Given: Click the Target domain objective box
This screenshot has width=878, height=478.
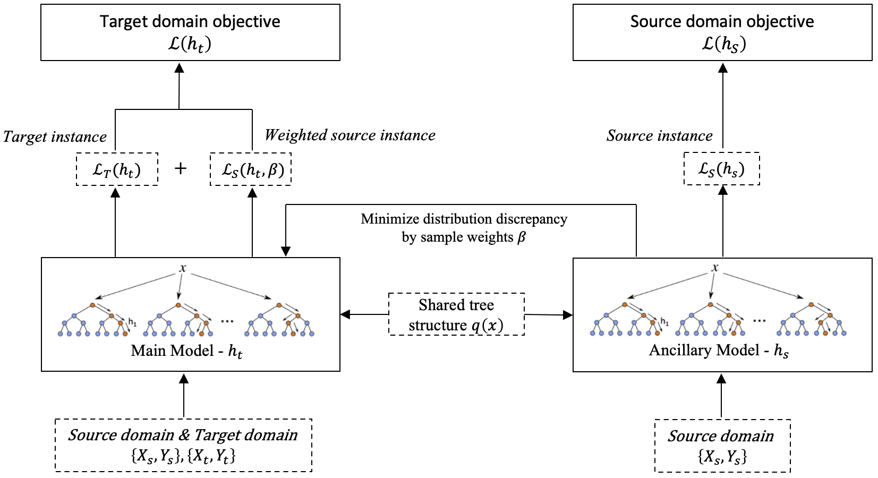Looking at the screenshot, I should pos(190,32).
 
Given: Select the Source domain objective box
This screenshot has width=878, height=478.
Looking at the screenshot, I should pos(722,32).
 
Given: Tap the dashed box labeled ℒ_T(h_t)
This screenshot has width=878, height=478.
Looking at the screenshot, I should pos(117,169).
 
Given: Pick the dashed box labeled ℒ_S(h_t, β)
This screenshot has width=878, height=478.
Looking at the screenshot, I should pos(251,169).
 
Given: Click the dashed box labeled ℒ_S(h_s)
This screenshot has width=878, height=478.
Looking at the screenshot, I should pos(721,169).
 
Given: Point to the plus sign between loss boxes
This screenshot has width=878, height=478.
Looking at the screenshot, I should pos(181,168).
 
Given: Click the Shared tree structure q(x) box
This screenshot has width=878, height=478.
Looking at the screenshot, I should pos(456,314).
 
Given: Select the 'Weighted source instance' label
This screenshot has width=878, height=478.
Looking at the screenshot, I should pos(350,135).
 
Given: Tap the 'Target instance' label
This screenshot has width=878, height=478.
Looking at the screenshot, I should pos(55,137).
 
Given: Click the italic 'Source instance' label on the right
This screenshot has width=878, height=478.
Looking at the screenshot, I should pos(659,136).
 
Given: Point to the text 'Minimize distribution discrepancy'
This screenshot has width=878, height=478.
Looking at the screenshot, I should pos(464,219).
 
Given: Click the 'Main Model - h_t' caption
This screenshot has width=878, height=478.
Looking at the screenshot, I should pos(186,351).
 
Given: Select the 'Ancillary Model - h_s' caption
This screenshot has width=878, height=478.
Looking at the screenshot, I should pos(719,351).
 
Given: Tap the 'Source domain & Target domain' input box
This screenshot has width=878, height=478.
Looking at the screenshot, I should pos(183,445).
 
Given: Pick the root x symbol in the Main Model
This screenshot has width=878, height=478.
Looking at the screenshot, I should pos(183,268).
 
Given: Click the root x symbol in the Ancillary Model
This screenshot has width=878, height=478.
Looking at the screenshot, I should pos(715,268).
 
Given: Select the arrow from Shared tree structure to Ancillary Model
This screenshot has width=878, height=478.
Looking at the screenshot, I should pos(549,315).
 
